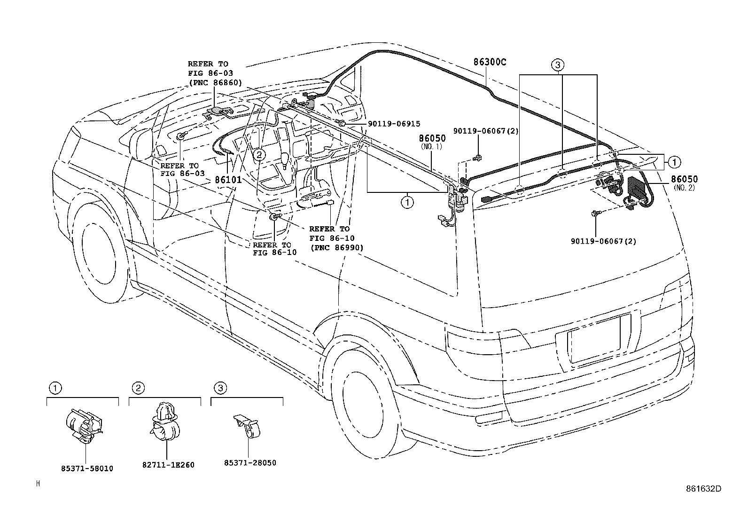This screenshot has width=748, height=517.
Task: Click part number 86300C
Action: tap(490, 62)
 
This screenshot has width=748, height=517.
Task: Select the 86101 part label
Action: tap(228, 180)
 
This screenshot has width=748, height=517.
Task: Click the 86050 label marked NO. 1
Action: tap(432, 139)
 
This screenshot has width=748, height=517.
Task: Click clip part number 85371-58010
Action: tap(87, 469)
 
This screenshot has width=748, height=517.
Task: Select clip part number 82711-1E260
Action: tap(168, 465)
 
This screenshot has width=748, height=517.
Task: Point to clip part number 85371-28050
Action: tap(250, 462)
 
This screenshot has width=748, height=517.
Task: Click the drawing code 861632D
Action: tap(702, 488)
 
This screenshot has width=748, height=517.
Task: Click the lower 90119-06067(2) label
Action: tap(603, 241)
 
